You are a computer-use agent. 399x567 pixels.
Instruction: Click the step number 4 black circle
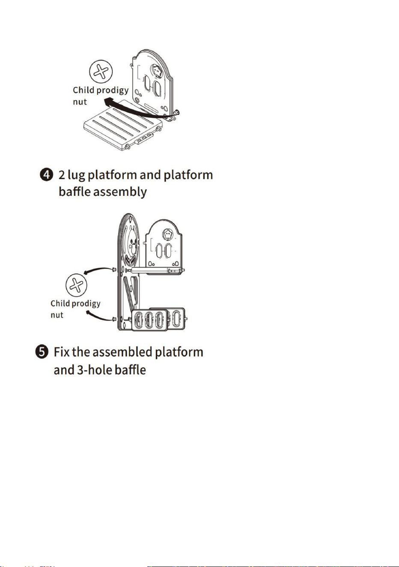[47, 175]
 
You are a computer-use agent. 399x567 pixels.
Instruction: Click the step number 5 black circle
[42, 352]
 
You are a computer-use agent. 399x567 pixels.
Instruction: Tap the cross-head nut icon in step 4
[101, 72]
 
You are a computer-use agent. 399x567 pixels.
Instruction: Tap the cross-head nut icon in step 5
[76, 285]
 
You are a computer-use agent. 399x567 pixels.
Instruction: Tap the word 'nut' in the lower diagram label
[57, 315]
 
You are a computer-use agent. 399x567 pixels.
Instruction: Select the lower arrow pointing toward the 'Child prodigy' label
[99, 316]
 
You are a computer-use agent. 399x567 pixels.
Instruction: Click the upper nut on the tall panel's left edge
[114, 269]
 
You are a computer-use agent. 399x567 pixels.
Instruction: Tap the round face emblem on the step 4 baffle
[157, 71]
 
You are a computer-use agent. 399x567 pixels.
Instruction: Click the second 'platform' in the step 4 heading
[188, 176]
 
